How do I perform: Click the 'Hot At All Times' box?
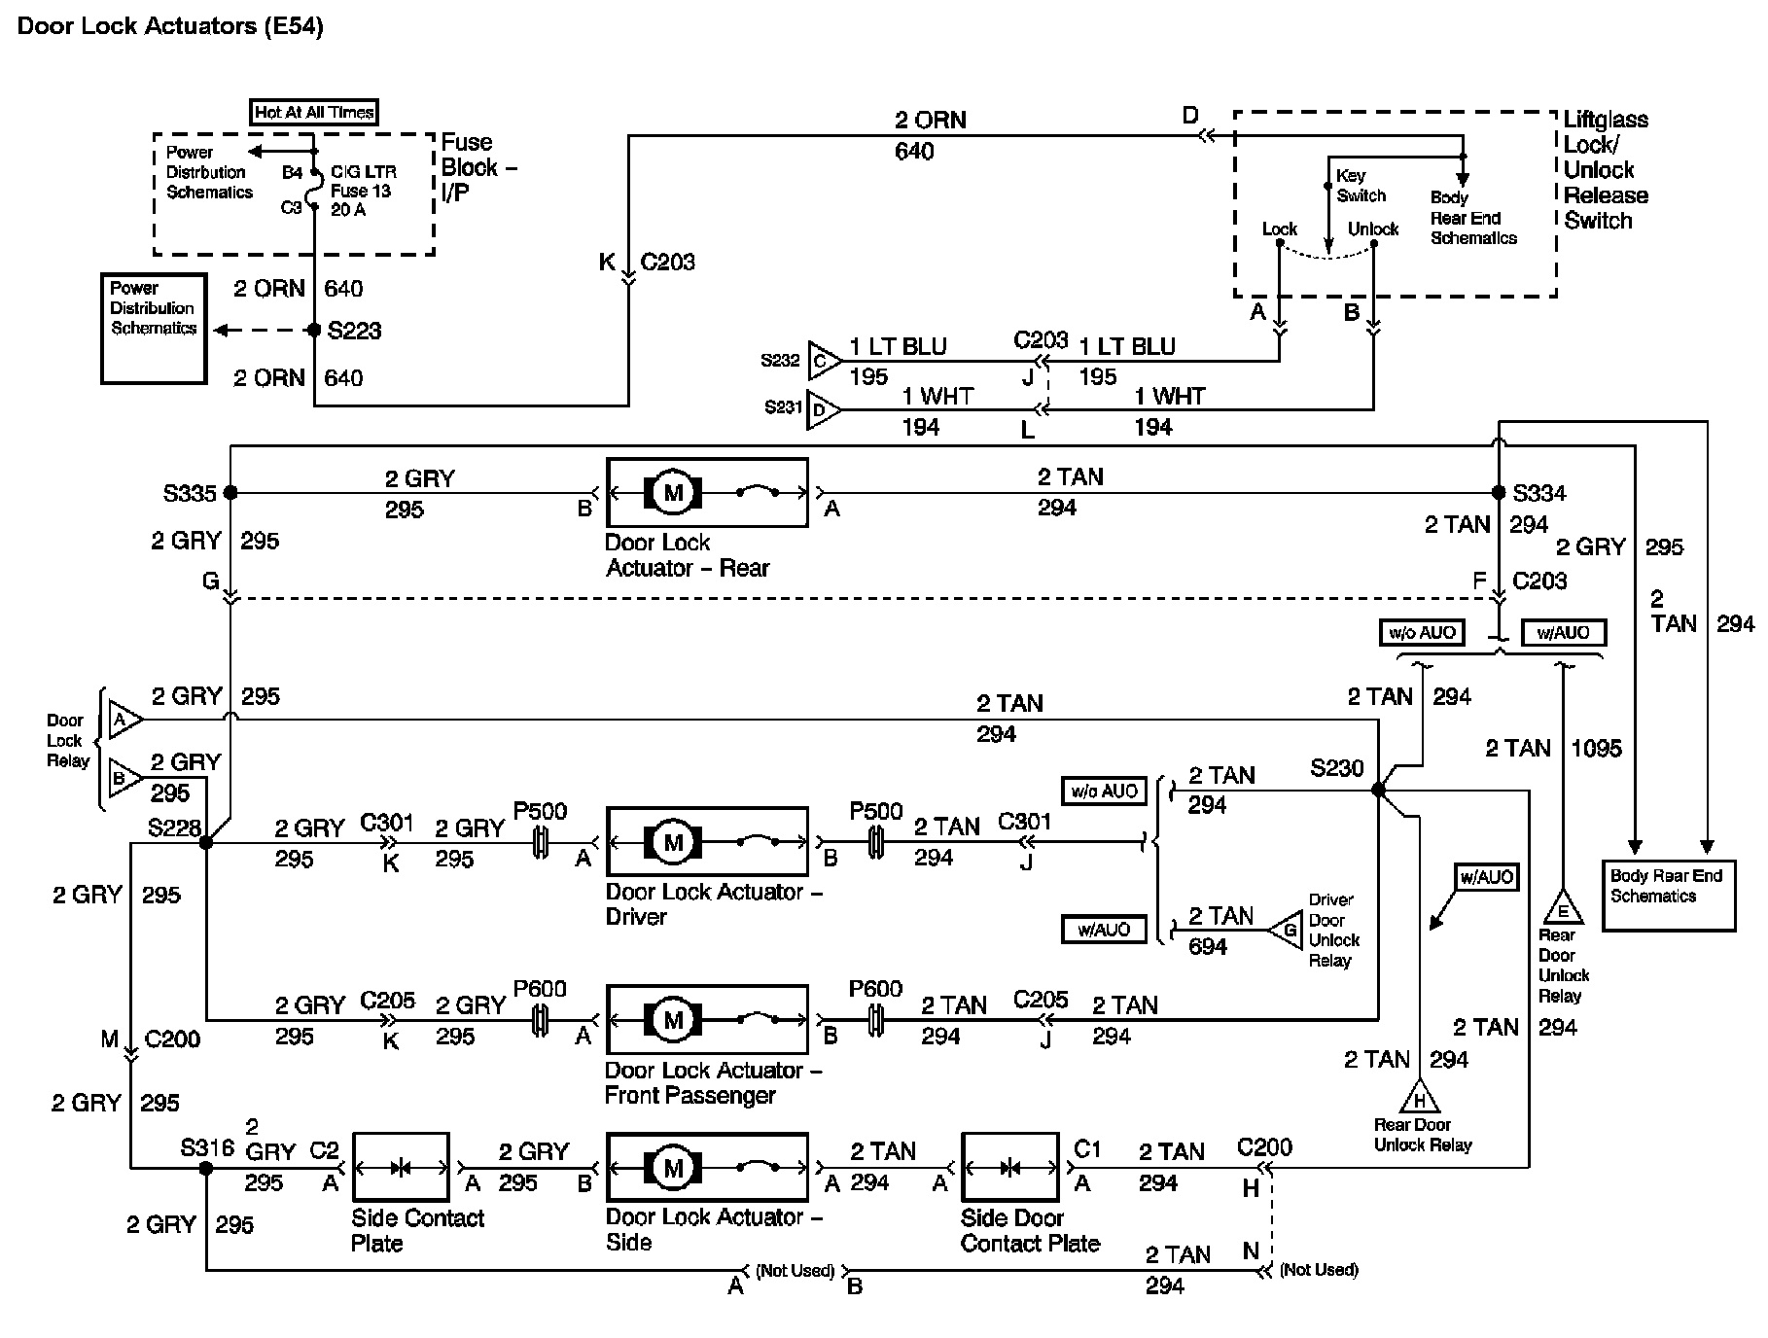313,113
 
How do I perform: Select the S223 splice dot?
314,331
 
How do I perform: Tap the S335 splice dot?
230,493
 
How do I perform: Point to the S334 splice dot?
1499,493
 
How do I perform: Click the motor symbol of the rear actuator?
673,493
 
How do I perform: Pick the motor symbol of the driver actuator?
673,842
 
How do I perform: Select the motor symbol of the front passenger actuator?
673,1020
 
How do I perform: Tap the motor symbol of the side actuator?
673,1168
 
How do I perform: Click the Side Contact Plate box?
401,1167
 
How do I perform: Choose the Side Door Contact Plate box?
1009,1167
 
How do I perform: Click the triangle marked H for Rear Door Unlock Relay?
1419,1099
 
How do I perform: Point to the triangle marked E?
1563,909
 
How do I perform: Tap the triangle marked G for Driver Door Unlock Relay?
1288,931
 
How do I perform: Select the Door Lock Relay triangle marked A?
123,721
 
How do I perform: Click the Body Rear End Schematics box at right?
1668,896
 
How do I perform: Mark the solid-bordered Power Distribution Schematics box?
154,329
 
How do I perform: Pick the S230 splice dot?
1378,790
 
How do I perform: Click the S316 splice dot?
206,1168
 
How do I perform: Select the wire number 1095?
1596,749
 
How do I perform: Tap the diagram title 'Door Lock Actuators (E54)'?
170,26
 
